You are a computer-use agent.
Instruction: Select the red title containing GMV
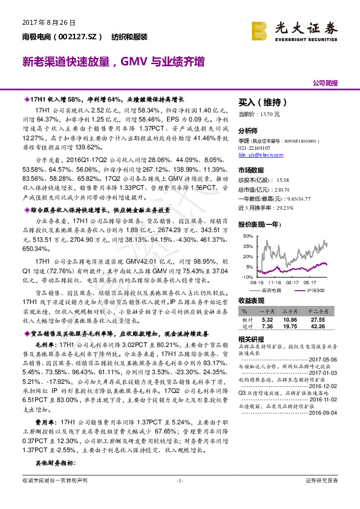(113, 62)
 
